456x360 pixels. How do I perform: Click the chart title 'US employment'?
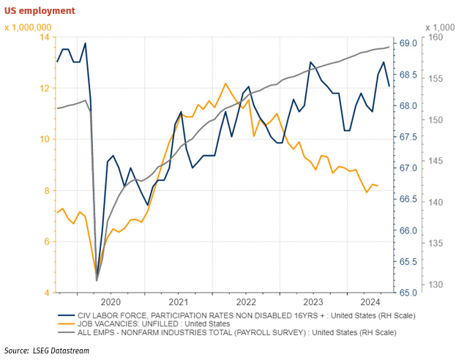(40, 10)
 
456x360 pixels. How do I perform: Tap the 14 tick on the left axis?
(45, 37)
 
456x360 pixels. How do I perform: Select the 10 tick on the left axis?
(45, 140)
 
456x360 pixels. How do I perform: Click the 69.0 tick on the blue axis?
(406, 44)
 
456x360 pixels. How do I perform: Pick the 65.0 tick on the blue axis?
(406, 293)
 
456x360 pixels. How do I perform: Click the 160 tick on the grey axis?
(434, 37)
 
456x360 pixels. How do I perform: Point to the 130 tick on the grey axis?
(434, 285)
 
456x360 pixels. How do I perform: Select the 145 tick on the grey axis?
(434, 161)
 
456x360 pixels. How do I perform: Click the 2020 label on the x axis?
(111, 301)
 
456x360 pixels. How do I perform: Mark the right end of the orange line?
(378, 186)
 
